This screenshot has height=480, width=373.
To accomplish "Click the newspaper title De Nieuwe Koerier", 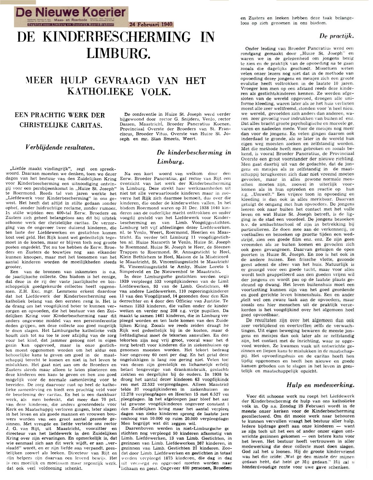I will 71,13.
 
